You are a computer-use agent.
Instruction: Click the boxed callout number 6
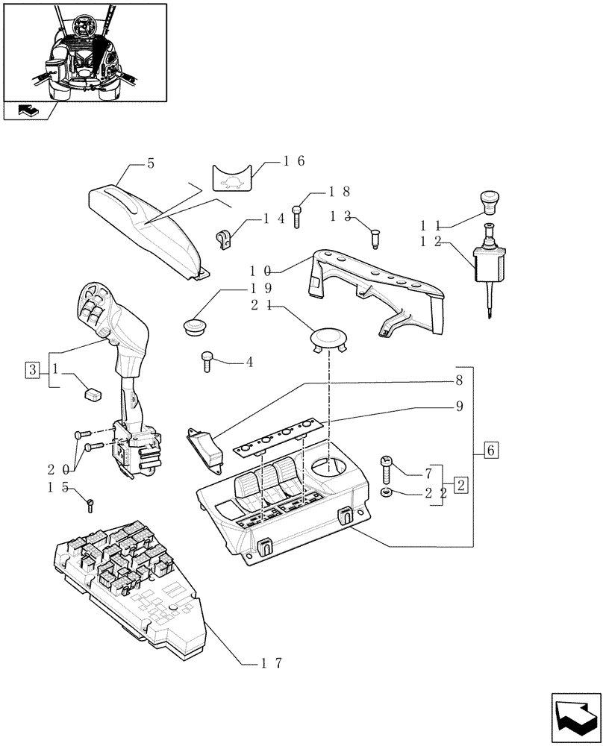(x=490, y=450)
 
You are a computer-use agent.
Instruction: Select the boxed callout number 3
(x=31, y=369)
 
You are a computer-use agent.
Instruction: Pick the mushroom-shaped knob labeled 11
(x=489, y=201)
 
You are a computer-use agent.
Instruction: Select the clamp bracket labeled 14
(x=223, y=239)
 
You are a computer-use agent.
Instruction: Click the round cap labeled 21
(x=328, y=339)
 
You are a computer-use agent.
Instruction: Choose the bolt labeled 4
(x=207, y=361)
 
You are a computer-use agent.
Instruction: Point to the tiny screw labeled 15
(x=90, y=504)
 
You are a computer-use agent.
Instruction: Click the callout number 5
(x=150, y=163)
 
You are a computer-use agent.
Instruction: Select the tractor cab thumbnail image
(x=84, y=52)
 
